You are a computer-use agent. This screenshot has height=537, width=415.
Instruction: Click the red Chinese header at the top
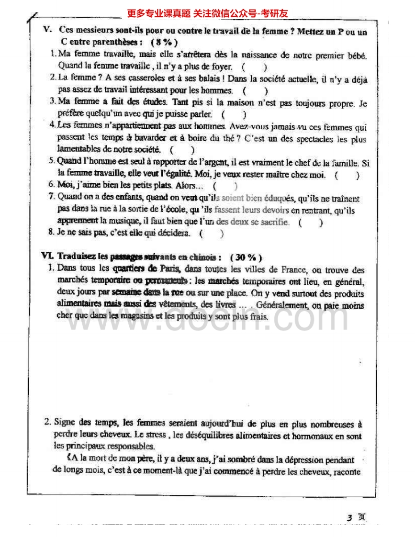coord(208,13)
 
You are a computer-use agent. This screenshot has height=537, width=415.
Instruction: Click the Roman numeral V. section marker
coord(47,30)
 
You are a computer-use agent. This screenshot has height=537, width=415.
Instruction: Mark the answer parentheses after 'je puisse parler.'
coord(234,114)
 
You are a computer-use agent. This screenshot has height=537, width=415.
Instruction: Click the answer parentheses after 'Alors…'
coord(225,186)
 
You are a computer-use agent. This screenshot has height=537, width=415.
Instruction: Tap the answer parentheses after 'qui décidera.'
coord(211,234)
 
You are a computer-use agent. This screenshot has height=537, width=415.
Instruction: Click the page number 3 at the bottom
coord(349,517)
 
